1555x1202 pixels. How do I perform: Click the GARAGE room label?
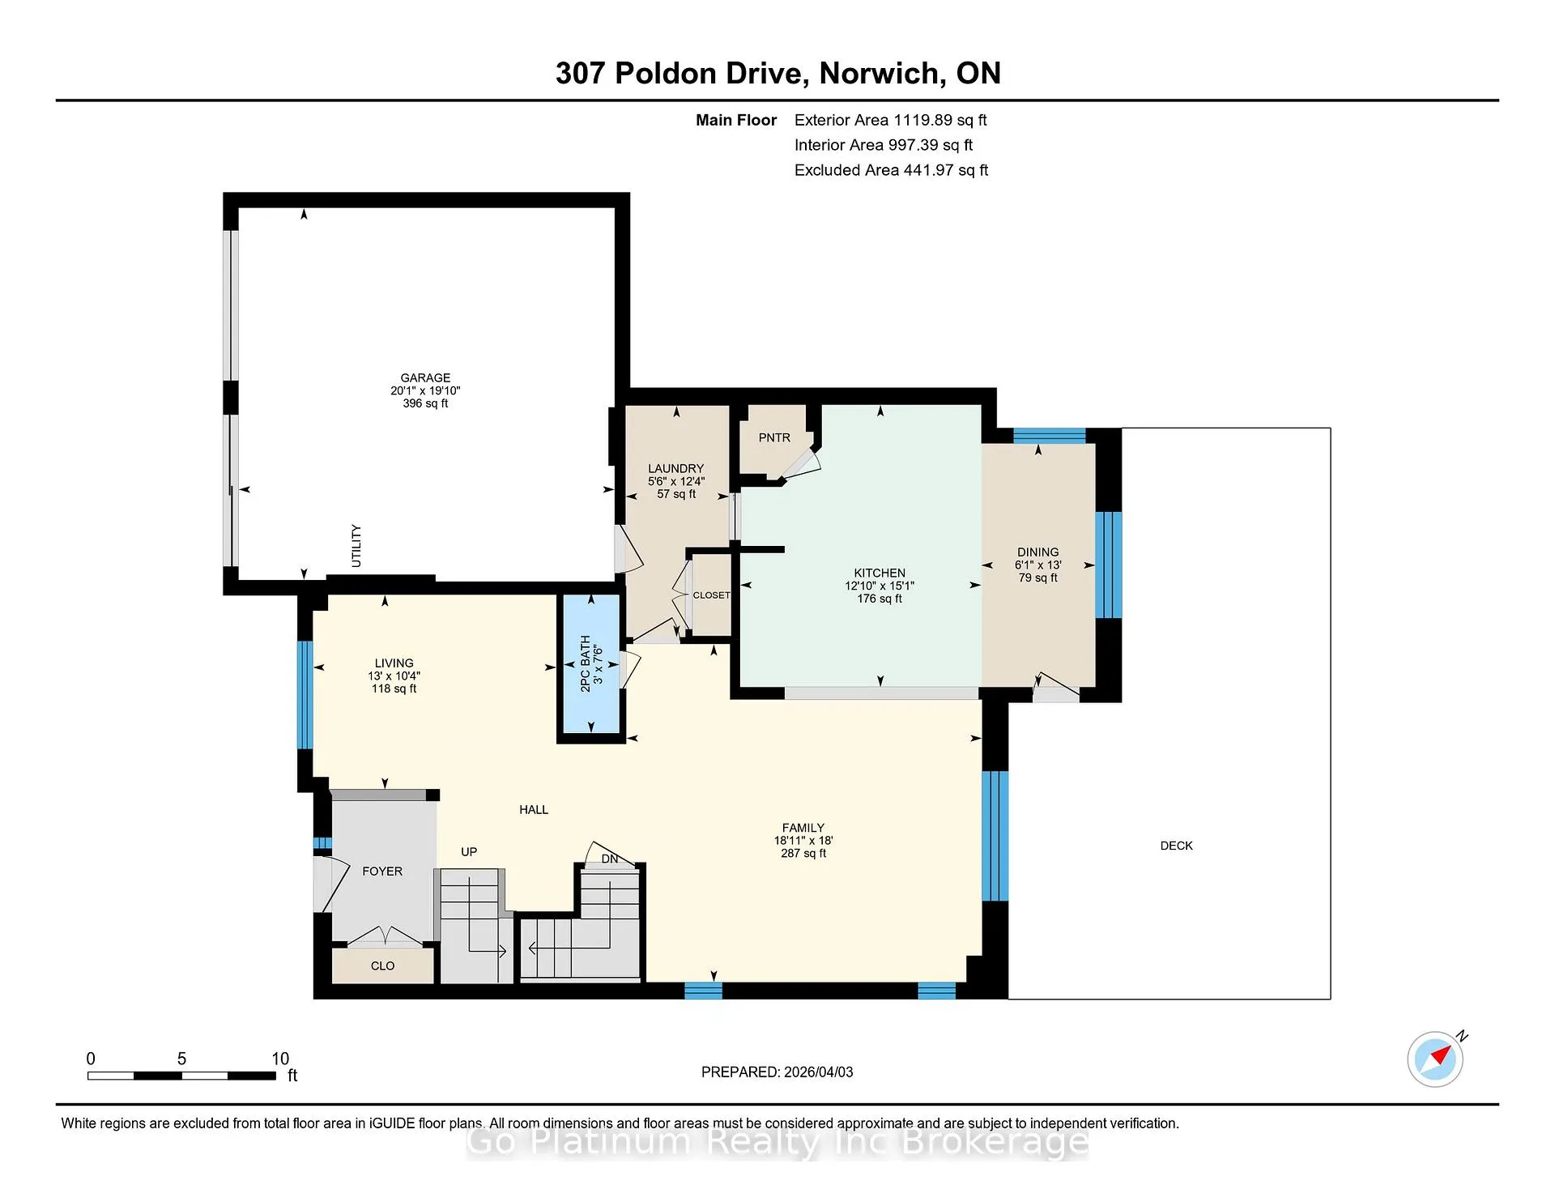[425, 377]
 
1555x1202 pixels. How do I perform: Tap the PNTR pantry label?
[774, 437]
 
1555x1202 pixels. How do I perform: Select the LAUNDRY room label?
[675, 468]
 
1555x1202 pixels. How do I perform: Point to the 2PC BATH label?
[586, 663]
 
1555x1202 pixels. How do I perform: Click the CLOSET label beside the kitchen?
[711, 595]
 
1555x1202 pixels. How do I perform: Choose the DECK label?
[1176, 846]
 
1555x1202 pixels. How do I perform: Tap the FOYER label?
[382, 872]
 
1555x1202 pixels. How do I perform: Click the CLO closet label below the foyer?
[382, 965]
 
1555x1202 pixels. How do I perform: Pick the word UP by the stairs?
[469, 852]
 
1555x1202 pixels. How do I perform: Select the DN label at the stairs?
[610, 859]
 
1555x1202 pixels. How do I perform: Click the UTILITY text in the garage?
[356, 545]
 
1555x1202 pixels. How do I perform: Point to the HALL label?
[534, 809]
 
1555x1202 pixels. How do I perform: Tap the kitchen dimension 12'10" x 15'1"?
[880, 586]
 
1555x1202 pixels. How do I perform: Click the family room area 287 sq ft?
[803, 853]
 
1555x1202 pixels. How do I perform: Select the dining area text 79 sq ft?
[1037, 578]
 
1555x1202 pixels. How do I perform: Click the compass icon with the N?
[1436, 1058]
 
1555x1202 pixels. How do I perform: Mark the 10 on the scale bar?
[280, 1059]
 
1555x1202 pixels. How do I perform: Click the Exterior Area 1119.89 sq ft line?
[890, 120]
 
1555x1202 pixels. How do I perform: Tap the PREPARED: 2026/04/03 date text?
[777, 1072]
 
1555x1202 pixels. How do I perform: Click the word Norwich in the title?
[879, 74]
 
